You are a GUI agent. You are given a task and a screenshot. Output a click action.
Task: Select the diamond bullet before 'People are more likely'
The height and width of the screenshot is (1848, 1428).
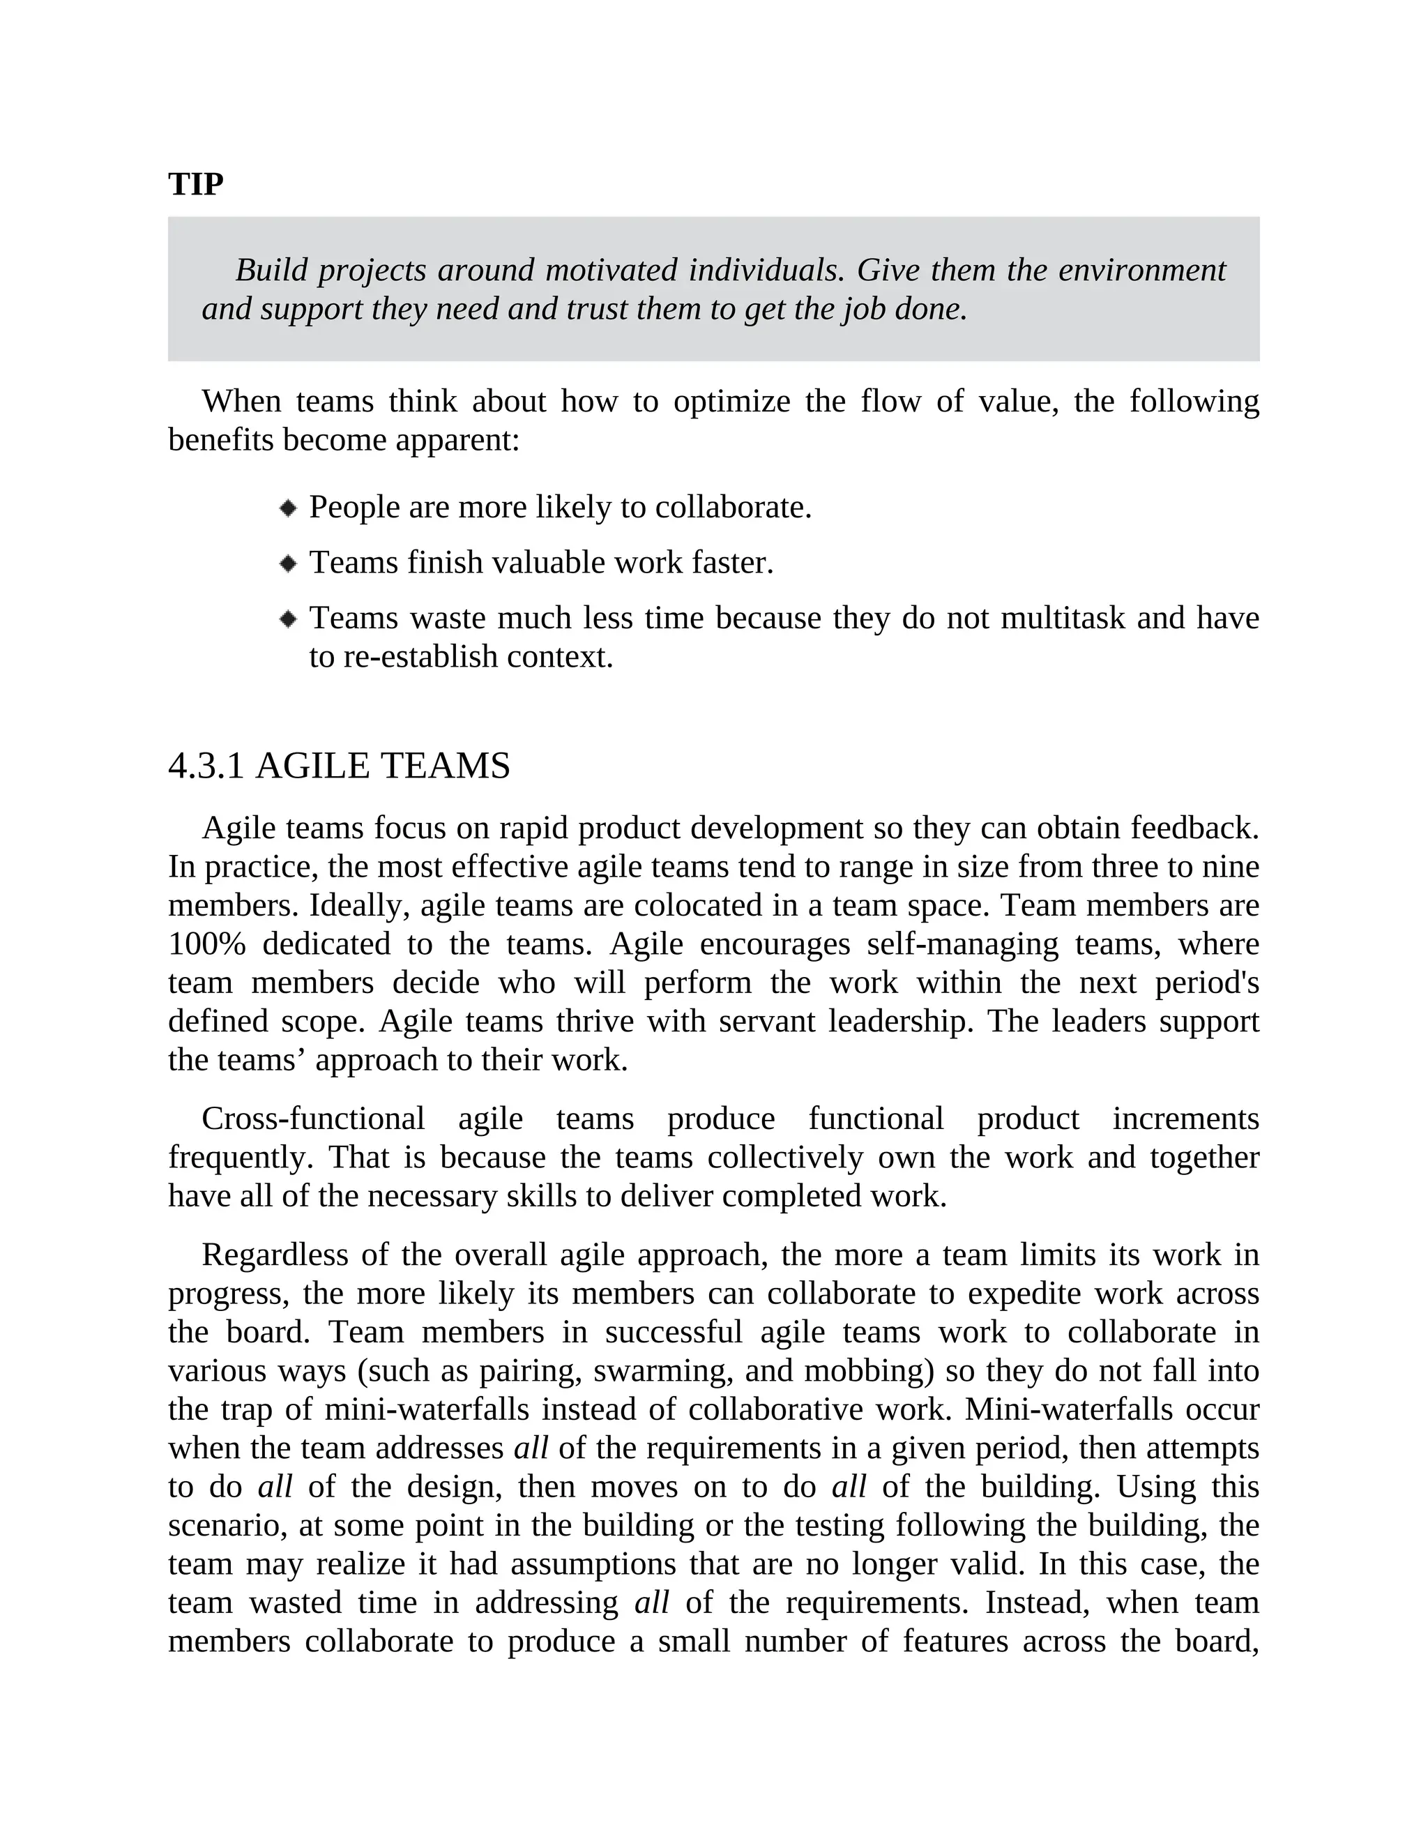click(289, 508)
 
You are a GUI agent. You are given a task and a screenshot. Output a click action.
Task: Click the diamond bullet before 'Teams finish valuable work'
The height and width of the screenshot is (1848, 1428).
click(289, 563)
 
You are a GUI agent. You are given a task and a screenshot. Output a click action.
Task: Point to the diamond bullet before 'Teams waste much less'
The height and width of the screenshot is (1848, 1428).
click(289, 619)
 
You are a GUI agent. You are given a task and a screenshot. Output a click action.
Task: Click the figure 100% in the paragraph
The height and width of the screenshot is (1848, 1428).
click(206, 943)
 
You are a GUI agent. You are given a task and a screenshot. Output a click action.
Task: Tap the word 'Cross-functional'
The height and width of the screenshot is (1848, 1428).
click(313, 1118)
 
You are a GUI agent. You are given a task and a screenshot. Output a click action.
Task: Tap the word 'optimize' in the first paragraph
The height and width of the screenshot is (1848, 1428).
click(731, 400)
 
